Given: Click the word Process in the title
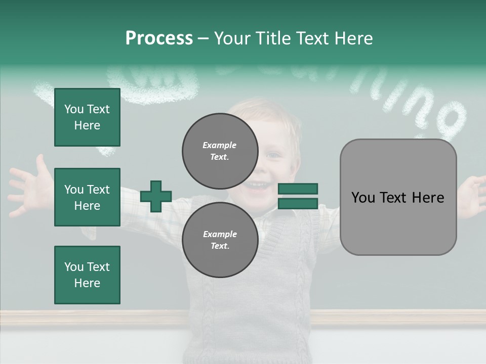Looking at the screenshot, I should [x=159, y=38].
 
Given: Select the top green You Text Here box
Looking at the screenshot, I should [x=87, y=117].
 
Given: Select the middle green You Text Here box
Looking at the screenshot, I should [x=87, y=197].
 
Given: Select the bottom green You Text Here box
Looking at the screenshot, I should [x=87, y=275].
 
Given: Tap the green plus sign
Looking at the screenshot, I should [x=156, y=196].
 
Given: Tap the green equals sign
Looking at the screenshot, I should [x=298, y=196].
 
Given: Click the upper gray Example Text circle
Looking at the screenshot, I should [x=220, y=151].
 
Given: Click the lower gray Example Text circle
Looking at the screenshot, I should [x=220, y=240].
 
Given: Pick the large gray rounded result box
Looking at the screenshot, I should [x=398, y=197].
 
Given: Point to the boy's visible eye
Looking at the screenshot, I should [x=274, y=154].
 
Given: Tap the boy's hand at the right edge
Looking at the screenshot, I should [x=473, y=195].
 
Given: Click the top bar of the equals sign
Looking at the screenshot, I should [x=298, y=189].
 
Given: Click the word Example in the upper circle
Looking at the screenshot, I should [x=220, y=145].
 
